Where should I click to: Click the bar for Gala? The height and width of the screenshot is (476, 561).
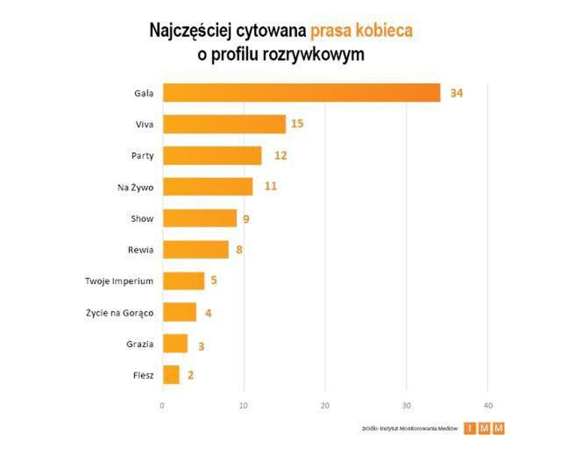pos(302,93)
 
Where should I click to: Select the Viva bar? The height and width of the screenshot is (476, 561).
pos(224,124)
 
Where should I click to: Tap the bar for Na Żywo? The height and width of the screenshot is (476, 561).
pos(208,187)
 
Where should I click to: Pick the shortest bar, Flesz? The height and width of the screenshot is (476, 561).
pos(171,375)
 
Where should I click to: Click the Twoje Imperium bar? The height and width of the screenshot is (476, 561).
pos(183,281)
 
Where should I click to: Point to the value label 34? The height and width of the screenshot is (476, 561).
pos(456,93)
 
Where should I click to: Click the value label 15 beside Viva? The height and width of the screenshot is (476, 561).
pos(297,124)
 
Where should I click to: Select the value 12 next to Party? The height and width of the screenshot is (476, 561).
pos(280,156)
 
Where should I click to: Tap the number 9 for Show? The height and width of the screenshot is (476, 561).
pos(246,218)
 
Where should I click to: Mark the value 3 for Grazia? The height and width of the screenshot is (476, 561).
pos(201,345)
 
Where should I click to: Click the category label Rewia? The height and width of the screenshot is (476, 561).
pos(140,250)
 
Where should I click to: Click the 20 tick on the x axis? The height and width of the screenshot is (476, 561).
pos(325,405)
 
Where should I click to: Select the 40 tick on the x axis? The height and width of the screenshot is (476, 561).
pos(488,405)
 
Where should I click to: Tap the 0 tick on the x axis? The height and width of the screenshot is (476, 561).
pos(162,405)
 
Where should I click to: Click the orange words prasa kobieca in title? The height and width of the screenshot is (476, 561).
pos(360,32)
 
